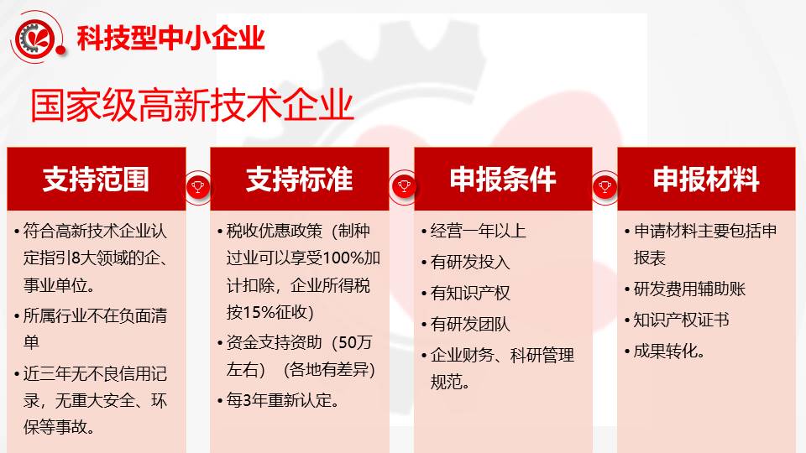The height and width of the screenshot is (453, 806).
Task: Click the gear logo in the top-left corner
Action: (36, 38)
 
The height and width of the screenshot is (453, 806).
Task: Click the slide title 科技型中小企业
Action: (170, 38)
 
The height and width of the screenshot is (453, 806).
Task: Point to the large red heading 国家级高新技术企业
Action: (191, 106)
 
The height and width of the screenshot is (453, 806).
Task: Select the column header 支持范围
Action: (96, 179)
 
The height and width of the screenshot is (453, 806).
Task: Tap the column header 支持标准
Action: (299, 179)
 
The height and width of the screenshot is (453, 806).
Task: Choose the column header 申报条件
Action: (503, 179)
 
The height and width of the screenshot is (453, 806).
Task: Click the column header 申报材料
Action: (706, 179)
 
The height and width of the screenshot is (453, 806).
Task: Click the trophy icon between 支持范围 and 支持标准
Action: (198, 186)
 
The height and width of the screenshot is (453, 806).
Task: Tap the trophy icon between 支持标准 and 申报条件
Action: (404, 186)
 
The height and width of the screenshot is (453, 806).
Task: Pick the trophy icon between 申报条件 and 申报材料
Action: (605, 186)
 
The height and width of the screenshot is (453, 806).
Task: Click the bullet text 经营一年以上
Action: (478, 232)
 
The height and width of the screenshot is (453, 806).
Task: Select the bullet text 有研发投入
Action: (470, 262)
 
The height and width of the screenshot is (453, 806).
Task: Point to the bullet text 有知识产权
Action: (470, 294)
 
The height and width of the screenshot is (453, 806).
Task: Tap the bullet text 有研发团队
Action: (470, 324)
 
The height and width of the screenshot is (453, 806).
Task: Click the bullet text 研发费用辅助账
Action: (689, 289)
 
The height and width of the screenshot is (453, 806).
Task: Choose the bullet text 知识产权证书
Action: (681, 320)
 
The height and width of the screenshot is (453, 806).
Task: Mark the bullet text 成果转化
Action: (669, 351)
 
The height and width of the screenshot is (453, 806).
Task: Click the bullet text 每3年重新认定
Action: (283, 400)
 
